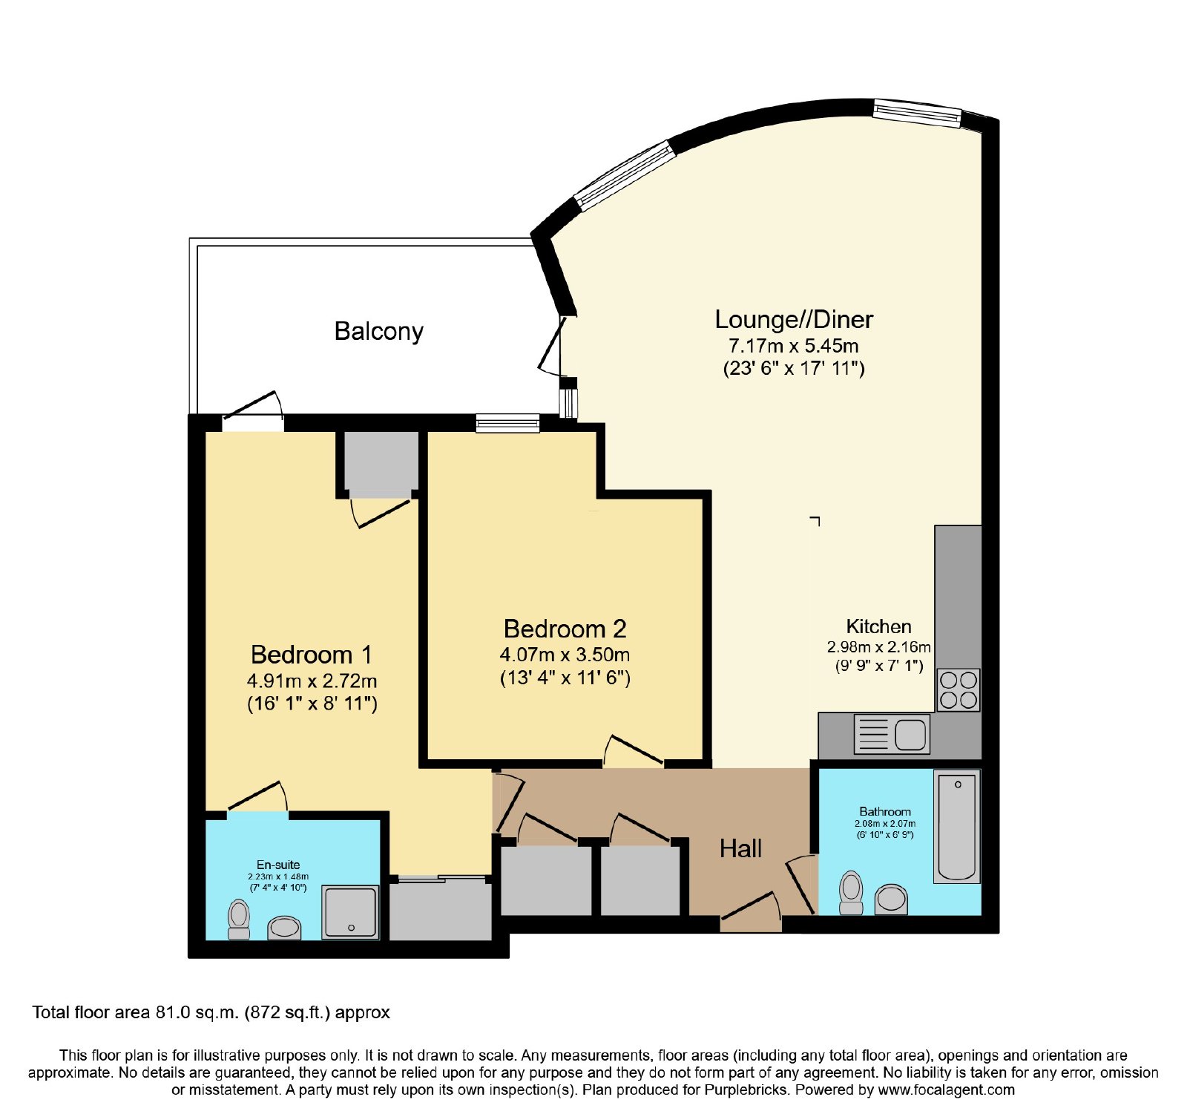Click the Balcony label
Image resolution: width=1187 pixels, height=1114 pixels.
tap(378, 331)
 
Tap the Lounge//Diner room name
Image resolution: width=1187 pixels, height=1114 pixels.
tap(794, 319)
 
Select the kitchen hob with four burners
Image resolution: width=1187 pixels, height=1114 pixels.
tap(959, 690)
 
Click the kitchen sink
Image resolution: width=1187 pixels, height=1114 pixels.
tap(892, 734)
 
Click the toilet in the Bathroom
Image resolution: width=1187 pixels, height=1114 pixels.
tap(851, 893)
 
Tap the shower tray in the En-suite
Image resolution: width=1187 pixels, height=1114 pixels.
tap(350, 912)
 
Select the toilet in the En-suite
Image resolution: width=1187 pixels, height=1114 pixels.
tap(239, 919)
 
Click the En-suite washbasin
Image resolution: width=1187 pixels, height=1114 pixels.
tap(284, 928)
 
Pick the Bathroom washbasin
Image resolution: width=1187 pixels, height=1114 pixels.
tap(891, 900)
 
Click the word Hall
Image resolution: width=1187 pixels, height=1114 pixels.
tap(740, 848)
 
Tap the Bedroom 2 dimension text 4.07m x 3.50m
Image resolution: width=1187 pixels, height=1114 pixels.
tap(565, 655)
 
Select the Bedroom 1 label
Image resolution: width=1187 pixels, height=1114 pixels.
tap(312, 655)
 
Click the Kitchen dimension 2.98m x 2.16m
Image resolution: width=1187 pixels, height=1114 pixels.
tap(879, 646)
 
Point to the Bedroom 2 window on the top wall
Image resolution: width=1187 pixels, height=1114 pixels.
tap(507, 423)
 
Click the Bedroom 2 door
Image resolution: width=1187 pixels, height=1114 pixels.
tap(633, 750)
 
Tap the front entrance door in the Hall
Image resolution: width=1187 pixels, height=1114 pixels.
tap(750, 910)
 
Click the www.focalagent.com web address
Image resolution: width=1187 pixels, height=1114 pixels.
tap(946, 1090)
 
